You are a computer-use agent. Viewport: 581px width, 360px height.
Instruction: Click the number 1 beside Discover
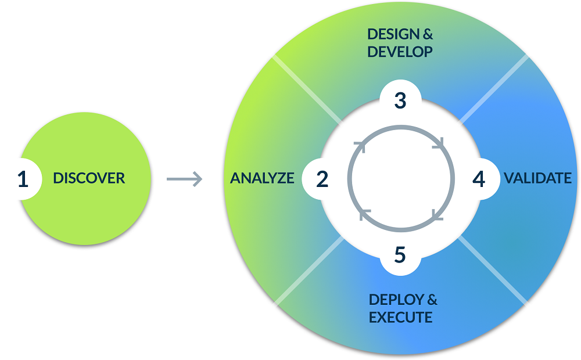pos(23,179)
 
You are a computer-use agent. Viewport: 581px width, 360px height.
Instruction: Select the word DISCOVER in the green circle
pos(89,178)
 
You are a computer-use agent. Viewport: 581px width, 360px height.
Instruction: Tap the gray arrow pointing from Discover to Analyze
pos(184,179)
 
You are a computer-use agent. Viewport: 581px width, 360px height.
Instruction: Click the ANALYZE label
pos(262,178)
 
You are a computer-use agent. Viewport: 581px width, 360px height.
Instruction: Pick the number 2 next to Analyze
pos(322,179)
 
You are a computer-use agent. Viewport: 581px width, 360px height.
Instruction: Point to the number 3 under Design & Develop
pos(400,100)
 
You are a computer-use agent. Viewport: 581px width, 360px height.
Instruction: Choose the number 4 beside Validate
pos(478,179)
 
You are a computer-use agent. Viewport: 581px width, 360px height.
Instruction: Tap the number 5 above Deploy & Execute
pos(400,255)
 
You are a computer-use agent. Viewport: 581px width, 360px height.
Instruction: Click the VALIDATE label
pos(537,178)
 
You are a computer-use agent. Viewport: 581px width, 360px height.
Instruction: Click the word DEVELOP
pos(400,52)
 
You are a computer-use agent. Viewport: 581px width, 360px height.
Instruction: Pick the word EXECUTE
pos(400,318)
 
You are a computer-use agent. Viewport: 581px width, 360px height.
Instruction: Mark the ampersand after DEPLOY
pos(432,300)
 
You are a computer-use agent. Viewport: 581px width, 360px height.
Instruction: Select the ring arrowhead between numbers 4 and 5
pos(437,216)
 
